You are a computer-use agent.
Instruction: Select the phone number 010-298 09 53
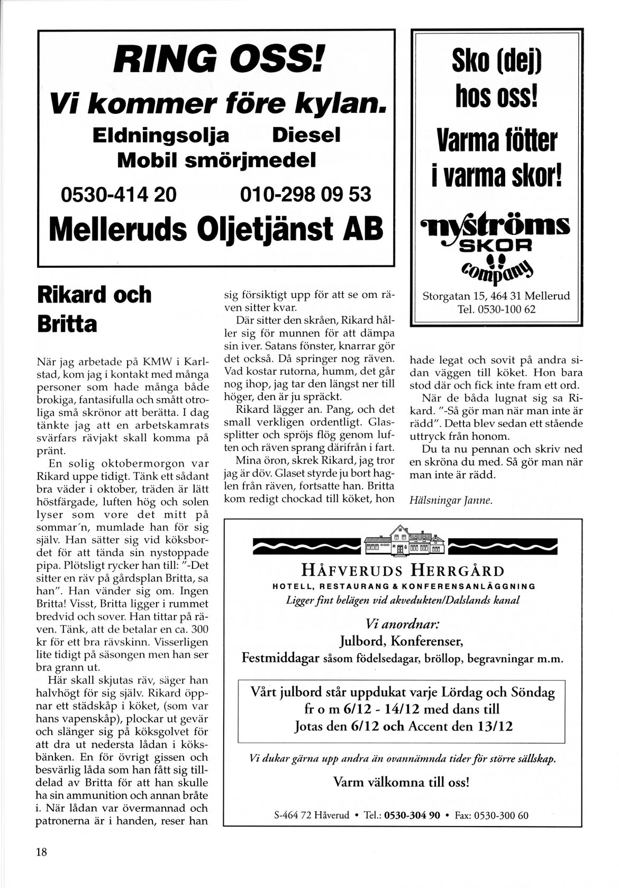305,194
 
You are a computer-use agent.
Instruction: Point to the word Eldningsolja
160,135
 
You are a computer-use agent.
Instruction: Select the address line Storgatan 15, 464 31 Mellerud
496,296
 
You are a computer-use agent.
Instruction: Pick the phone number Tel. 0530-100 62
496,309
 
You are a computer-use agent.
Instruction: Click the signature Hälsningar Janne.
451,500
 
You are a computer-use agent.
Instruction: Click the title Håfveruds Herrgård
403,570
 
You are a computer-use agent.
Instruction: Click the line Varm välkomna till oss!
402,782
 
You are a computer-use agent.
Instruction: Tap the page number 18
41,852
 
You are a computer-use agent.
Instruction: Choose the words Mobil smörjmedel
216,160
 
